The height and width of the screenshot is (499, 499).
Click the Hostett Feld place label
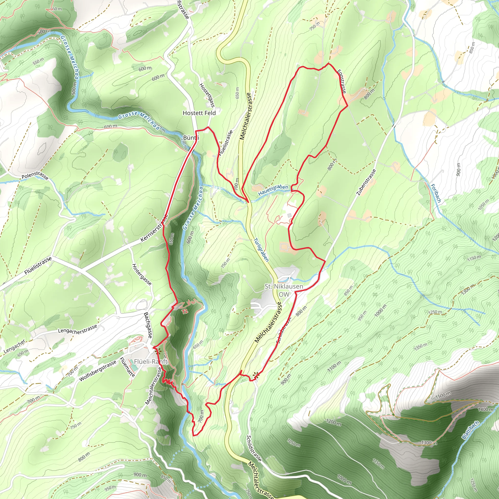pyautogui.click(x=199, y=113)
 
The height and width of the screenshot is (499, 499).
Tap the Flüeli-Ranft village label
pyautogui.click(x=151, y=362)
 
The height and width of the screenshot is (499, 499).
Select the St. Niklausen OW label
pyautogui.click(x=284, y=290)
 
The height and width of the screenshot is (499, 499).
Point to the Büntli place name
pyautogui.click(x=191, y=138)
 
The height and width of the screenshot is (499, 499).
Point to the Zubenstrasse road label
pyautogui.click(x=366, y=182)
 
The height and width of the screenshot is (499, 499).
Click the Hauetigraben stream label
pyautogui.click(x=273, y=190)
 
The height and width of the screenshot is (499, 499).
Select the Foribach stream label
pyautogui.click(x=436, y=193)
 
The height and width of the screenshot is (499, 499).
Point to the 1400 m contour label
pyautogui.click(x=486, y=409)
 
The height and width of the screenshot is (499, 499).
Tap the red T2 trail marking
pyautogui.click(x=184, y=312)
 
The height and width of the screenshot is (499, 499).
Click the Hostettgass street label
pyautogui.click(x=207, y=95)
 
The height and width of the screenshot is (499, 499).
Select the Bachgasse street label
pyautogui.click(x=148, y=325)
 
